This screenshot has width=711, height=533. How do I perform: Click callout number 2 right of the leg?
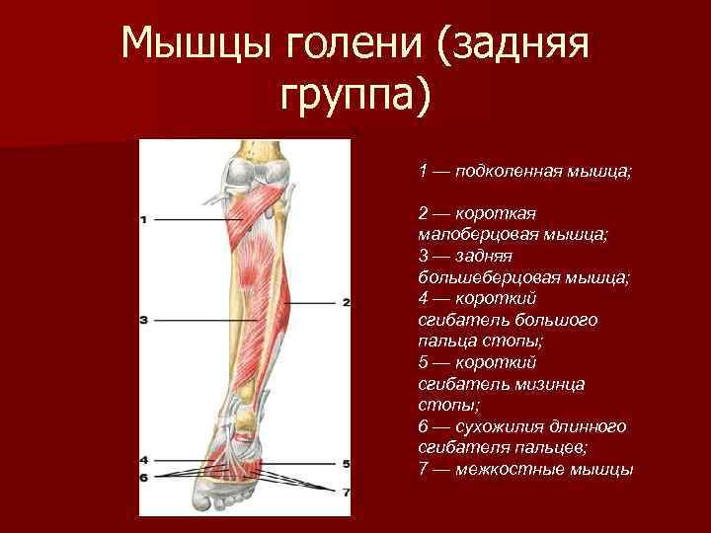point(346,303)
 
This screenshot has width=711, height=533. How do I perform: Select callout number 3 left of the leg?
point(144,320)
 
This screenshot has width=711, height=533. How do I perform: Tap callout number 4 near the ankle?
point(144,460)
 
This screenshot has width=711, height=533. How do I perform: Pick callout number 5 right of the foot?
point(346,463)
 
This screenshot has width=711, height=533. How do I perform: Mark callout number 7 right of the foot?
point(346,491)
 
